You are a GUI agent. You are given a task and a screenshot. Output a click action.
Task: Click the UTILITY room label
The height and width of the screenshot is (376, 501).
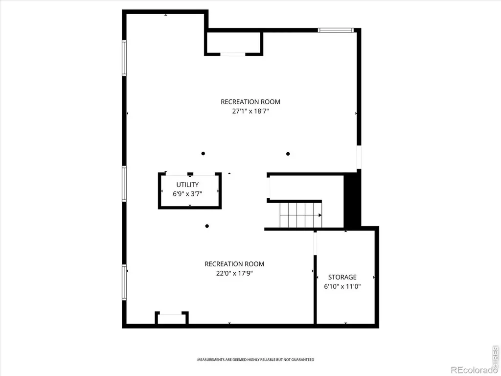pos(187,185)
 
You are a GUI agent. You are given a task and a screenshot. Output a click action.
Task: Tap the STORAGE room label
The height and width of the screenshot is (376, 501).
pos(342,277)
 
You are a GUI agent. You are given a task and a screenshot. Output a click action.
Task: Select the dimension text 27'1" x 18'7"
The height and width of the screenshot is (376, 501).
pos(250,111)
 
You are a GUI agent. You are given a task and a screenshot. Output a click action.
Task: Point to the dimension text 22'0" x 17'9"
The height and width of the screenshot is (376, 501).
pos(234,273)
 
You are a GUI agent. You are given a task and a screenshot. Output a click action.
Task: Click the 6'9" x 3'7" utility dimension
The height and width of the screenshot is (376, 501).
pos(187,194)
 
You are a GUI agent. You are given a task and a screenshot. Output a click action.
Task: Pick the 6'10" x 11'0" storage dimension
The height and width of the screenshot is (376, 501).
pos(342,286)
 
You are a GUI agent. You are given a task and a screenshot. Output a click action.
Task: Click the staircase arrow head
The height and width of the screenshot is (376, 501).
pos(320,215)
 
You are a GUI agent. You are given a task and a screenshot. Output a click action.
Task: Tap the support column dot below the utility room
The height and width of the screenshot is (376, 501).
pos(207,226)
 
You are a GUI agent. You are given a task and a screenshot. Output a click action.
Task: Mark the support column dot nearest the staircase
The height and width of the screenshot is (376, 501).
pos(288,154)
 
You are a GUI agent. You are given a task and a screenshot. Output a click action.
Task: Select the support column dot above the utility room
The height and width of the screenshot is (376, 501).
pos(203,153)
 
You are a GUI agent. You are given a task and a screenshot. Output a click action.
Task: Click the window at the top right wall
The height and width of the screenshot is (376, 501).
pos(336,30)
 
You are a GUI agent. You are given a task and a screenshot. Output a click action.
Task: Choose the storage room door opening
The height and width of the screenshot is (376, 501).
pos(315,243)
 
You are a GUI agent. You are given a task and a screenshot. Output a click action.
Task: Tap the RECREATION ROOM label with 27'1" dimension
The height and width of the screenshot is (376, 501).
pos(250,102)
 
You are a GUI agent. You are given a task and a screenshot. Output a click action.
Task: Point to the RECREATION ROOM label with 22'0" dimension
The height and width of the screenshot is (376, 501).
pos(234,264)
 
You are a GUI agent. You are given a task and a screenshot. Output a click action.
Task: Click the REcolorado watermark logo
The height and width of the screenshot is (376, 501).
pos(473,370)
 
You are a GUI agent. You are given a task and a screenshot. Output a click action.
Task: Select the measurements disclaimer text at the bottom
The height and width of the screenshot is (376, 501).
pos(255,360)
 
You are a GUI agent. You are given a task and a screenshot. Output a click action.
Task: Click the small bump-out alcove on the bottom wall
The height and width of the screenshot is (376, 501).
pos(172,318)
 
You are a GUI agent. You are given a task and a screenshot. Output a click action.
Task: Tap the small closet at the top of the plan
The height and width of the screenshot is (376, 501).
pos(233,43)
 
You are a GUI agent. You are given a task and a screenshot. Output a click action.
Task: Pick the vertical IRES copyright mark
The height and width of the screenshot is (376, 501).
pos(496,355)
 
